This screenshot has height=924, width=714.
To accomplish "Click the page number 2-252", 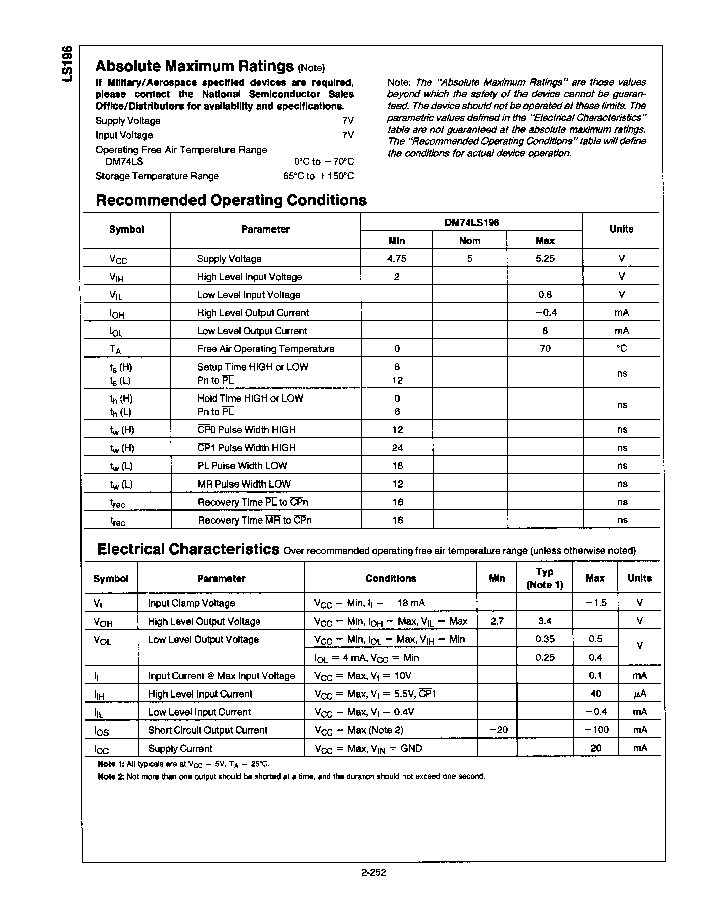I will [x=374, y=872].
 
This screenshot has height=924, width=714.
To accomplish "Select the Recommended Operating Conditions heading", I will [x=231, y=200].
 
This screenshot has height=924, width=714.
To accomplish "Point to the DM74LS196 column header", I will [x=472, y=222].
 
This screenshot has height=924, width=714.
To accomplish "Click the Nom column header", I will [x=469, y=241].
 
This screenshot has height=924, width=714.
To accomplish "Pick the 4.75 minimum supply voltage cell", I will [x=396, y=258].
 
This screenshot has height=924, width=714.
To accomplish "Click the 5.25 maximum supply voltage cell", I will [x=545, y=258].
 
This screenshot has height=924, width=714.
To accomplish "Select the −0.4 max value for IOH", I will [x=545, y=313].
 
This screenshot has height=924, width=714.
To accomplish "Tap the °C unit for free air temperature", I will [x=621, y=349].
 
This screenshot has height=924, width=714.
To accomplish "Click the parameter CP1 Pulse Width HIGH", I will [x=247, y=448].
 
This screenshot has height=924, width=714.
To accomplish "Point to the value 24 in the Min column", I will [x=397, y=448].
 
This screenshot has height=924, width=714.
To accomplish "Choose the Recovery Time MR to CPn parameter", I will [x=255, y=520].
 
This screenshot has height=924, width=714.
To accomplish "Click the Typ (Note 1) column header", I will [x=544, y=578].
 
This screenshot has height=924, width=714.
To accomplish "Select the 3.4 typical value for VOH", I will [x=544, y=621].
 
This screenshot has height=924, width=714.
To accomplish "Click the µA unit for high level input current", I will [x=639, y=694].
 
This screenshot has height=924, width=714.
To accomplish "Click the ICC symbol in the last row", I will [x=101, y=749].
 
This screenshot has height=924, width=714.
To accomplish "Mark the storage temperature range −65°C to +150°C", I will [x=314, y=176].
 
